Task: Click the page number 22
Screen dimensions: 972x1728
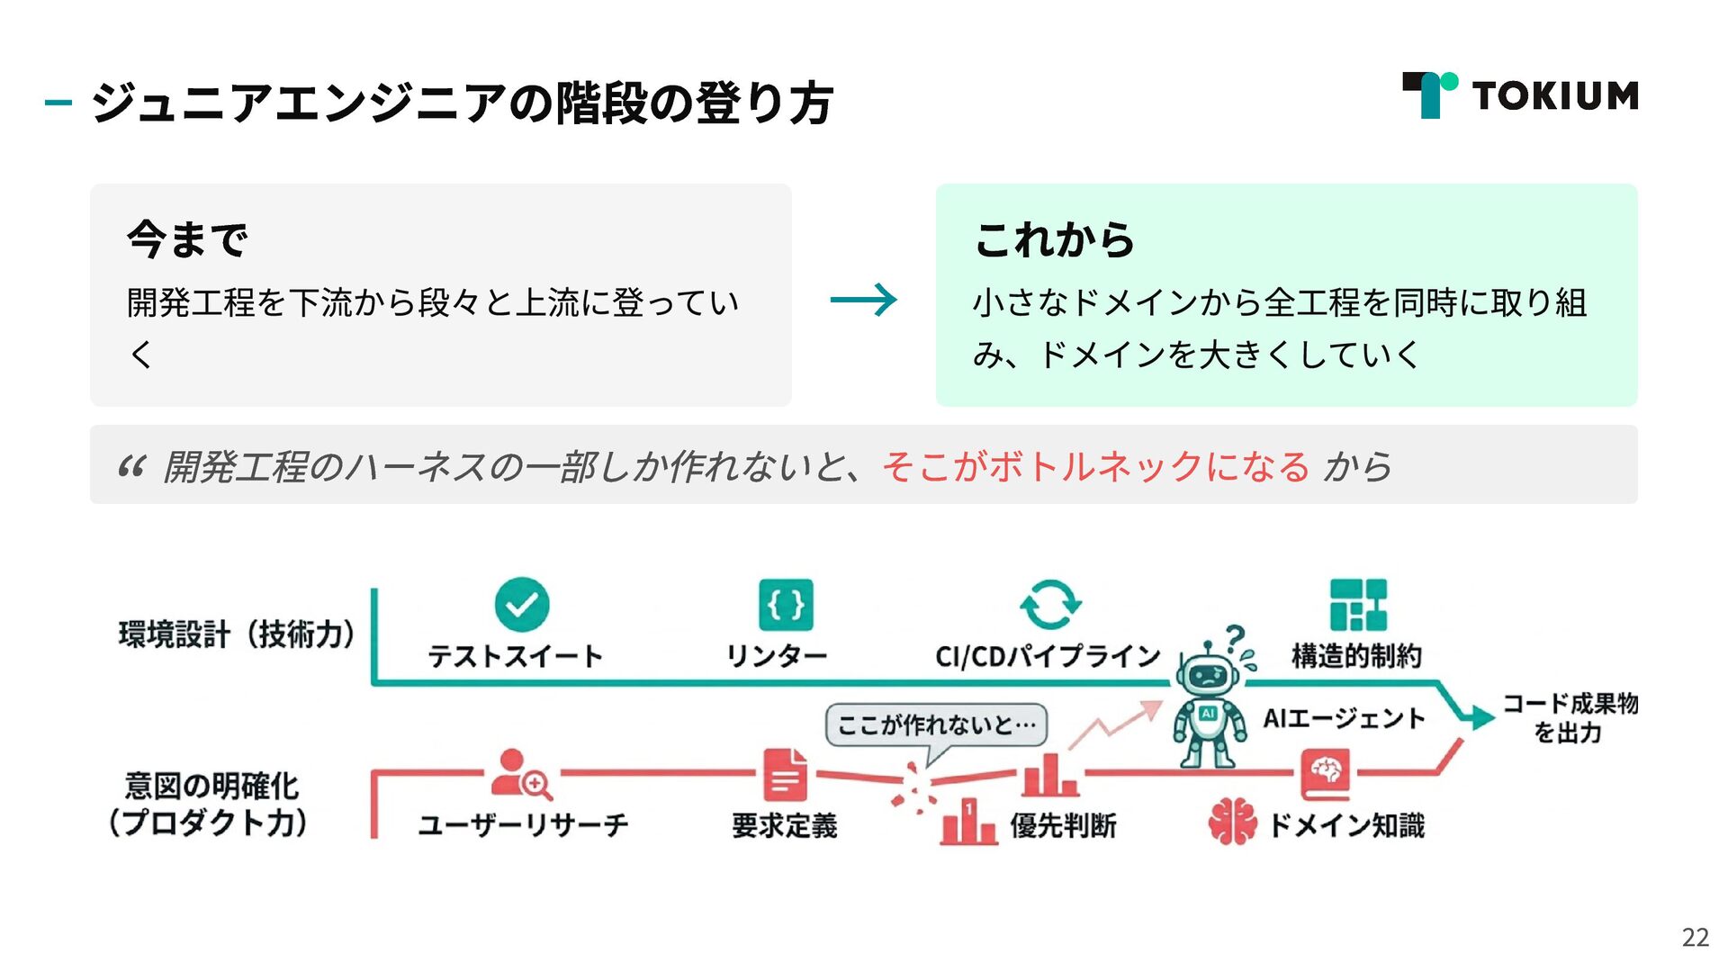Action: coord(1695,938)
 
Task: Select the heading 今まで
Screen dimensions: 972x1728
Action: coord(187,239)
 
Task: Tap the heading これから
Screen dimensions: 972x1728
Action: coord(1054,239)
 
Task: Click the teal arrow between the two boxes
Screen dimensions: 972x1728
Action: coord(863,300)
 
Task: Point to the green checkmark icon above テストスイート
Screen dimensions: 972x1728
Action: coord(522,604)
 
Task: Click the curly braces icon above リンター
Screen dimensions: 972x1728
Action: coord(786,604)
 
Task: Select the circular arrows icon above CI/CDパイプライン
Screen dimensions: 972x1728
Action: coord(1049,604)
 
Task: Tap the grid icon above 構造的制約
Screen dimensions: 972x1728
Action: coord(1358,604)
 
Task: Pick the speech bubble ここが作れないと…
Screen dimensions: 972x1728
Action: coord(936,724)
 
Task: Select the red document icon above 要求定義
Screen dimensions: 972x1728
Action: coord(785,775)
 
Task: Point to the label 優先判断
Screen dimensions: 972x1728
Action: coord(1063,825)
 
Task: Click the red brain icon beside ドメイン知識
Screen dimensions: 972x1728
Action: coord(1232,822)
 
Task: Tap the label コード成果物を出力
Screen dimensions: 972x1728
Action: coord(1570,718)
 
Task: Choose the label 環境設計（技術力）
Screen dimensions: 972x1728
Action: coord(237,634)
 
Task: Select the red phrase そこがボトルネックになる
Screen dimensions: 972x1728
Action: coord(1095,466)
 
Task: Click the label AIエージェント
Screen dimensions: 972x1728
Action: coord(1344,718)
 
